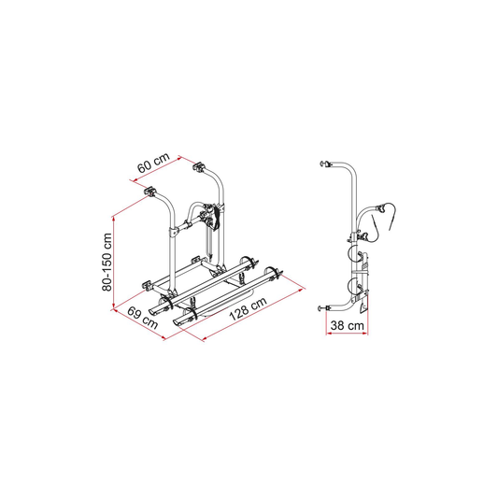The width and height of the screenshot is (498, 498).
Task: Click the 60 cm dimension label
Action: coord(154,163)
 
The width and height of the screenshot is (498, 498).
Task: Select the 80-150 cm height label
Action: coord(107,262)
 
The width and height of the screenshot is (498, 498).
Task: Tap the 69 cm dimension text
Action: coord(142,318)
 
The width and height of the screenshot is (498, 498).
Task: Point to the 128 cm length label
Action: coord(248,308)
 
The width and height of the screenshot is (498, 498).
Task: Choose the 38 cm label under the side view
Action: coord(347,325)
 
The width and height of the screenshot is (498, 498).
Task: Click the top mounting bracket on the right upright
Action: coord(199,166)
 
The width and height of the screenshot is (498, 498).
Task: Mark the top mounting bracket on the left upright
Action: coord(149,192)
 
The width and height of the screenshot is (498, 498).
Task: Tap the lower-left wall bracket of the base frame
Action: coord(147,285)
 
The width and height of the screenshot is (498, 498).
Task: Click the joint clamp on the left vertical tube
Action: coord(173,231)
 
